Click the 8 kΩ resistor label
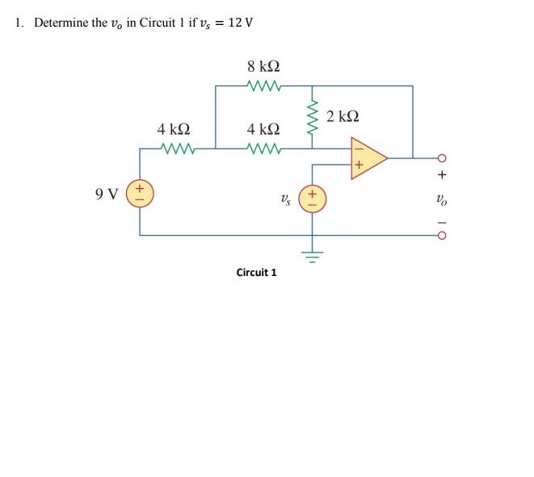265,66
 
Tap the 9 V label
106,194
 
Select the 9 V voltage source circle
141,194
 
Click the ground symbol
313,257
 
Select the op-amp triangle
367,157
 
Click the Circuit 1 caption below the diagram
256,272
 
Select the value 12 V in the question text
240,22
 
